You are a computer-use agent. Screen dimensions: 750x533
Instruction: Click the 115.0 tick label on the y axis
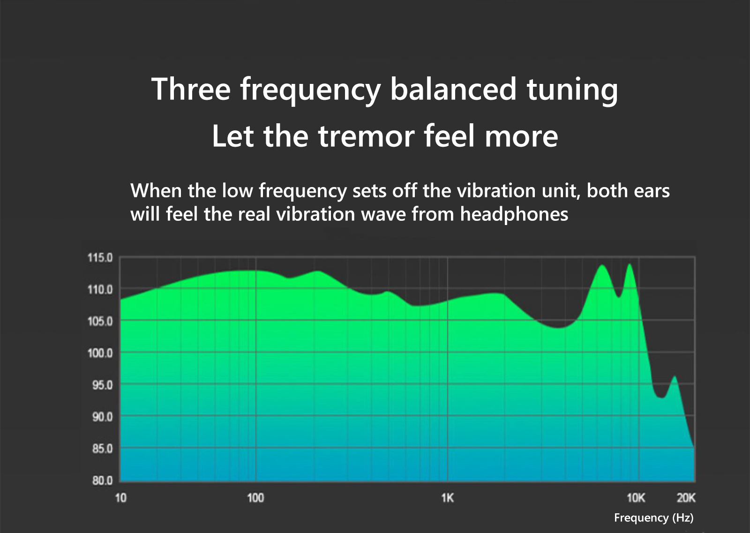[x=100, y=258]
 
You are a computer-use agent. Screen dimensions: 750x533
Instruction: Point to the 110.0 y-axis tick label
[x=100, y=290]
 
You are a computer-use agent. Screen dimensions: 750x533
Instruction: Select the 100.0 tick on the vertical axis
[x=100, y=353]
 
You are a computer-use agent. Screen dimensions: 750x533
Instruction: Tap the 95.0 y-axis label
[x=103, y=385]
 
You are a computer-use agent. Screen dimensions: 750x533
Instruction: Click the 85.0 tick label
[x=103, y=449]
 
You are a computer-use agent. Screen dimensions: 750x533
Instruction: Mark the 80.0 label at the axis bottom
[x=103, y=481]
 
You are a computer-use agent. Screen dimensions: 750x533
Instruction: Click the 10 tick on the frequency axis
[x=121, y=498]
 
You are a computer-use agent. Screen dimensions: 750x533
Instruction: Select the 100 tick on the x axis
[x=255, y=498]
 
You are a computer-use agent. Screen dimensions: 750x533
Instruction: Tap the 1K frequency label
[x=447, y=498]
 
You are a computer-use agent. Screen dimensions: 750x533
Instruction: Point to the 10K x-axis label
[x=636, y=498]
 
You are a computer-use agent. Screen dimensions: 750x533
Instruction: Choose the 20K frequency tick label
[x=686, y=498]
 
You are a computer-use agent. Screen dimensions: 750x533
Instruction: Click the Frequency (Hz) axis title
[x=653, y=518]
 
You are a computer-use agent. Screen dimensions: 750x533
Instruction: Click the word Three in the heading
[x=191, y=89]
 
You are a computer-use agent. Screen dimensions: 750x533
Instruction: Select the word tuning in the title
[x=572, y=90]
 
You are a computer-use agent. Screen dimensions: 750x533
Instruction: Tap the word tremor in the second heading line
[x=366, y=136]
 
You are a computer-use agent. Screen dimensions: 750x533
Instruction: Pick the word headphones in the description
[x=514, y=214]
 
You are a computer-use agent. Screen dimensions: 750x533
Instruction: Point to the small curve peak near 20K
[x=675, y=376]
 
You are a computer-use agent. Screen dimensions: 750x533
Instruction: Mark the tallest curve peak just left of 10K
[x=630, y=264]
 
